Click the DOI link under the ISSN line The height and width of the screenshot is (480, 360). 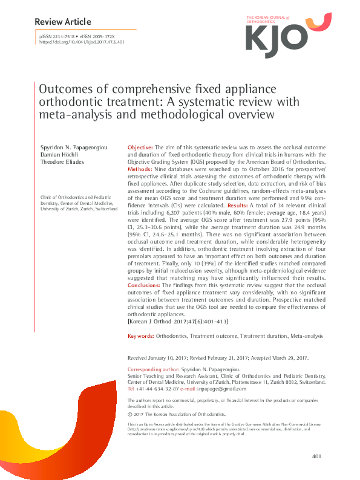(x=82, y=42)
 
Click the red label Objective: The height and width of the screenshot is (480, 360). (x=140, y=148)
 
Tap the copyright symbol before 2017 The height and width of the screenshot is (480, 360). (x=130, y=415)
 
